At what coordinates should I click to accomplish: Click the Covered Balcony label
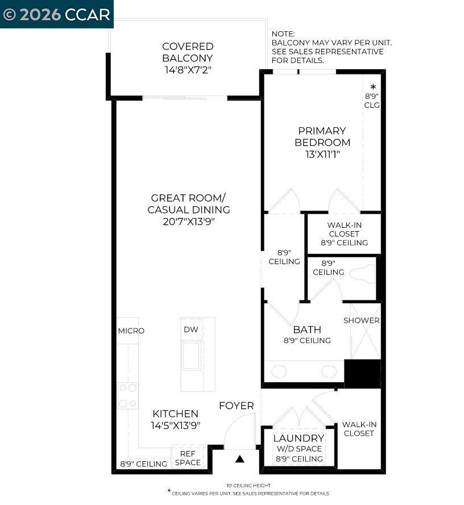pyautogui.click(x=188, y=52)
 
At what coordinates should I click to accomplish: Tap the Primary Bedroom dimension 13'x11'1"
pyautogui.click(x=322, y=154)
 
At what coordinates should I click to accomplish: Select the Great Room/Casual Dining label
pyautogui.click(x=188, y=203)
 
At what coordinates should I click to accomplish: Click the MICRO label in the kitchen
pyautogui.click(x=131, y=331)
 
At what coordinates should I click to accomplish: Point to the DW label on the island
pyautogui.click(x=190, y=329)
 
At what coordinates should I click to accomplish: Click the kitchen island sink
pyautogui.click(x=190, y=356)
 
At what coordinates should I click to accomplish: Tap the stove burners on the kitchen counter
pyautogui.click(x=127, y=395)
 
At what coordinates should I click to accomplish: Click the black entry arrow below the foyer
pyautogui.click(x=240, y=458)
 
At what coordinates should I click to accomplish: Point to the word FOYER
pyautogui.click(x=237, y=406)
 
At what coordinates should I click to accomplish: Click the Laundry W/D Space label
pyautogui.click(x=299, y=448)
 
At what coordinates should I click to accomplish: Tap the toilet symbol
pyautogui.click(x=362, y=274)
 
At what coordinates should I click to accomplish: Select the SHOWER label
pyautogui.click(x=361, y=320)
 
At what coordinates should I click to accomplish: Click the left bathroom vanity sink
pyautogui.click(x=279, y=372)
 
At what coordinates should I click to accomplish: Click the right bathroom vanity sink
pyautogui.click(x=329, y=372)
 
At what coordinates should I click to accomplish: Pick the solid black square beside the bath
pyautogui.click(x=362, y=374)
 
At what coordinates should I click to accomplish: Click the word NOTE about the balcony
pyautogui.click(x=283, y=34)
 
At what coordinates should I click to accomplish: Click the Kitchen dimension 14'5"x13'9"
pyautogui.click(x=175, y=425)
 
